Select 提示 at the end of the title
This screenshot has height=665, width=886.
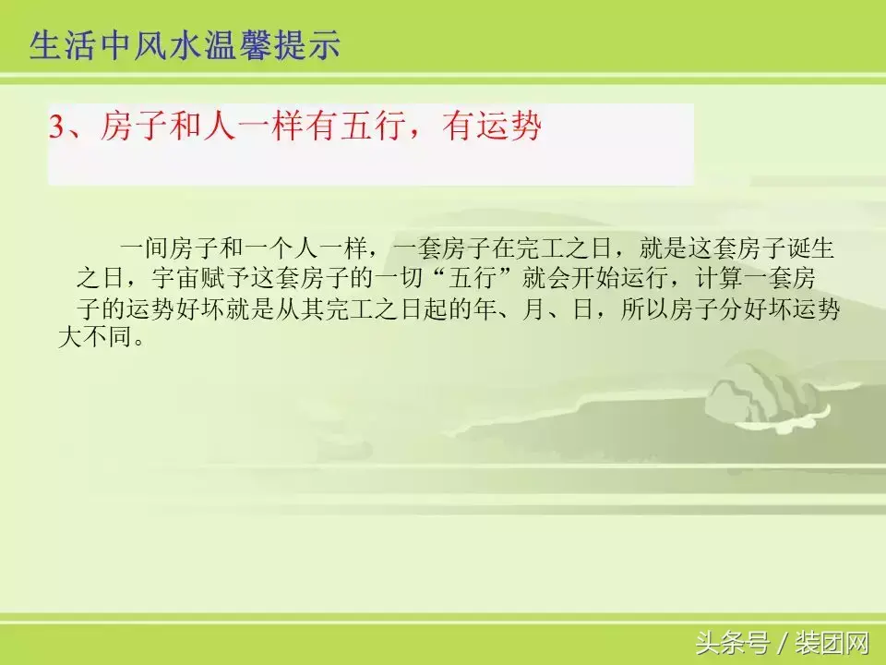(x=310, y=45)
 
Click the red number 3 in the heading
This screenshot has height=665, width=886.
(x=56, y=128)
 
